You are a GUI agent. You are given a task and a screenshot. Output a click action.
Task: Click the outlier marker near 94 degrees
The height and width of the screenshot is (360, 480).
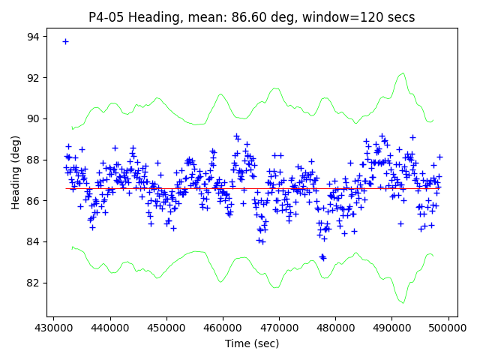coord(65,41)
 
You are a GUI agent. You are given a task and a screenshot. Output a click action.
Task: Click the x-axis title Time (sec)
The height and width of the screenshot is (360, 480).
coord(252,343)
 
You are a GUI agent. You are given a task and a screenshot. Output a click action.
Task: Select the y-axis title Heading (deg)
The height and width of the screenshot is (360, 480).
coord(16,173)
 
